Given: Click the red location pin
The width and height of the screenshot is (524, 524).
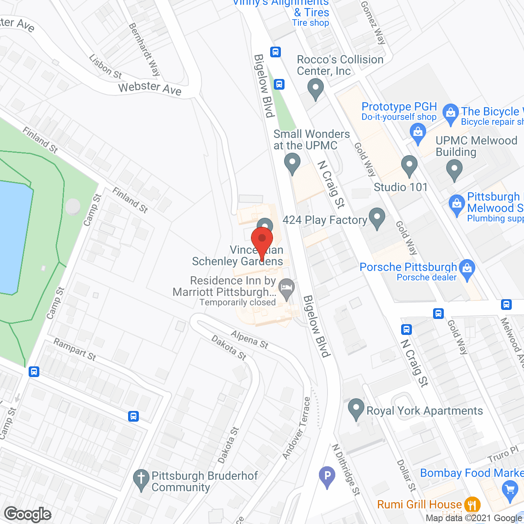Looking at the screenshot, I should pyautogui.click(x=262, y=239).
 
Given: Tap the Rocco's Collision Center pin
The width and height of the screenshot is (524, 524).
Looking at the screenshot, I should pyautogui.click(x=315, y=88).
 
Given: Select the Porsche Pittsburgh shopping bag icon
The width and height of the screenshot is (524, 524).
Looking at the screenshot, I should pyautogui.click(x=467, y=269).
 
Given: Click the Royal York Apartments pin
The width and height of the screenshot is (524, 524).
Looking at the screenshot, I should pyautogui.click(x=356, y=408).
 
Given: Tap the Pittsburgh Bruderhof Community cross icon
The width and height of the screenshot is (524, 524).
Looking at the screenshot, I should pyautogui.click(x=141, y=479).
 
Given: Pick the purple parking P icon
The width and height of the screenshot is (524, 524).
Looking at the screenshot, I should pyautogui.click(x=327, y=476).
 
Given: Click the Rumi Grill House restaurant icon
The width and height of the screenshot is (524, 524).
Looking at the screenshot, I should pyautogui.click(x=473, y=504).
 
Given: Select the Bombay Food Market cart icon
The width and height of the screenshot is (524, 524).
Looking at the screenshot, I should pyautogui.click(x=510, y=490).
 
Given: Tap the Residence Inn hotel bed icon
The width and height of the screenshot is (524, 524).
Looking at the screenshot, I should pyautogui.click(x=287, y=287).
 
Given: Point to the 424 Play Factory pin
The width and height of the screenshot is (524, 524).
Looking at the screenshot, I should pyautogui.click(x=377, y=217).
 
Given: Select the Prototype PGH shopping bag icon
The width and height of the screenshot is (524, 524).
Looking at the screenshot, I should pyautogui.click(x=418, y=133).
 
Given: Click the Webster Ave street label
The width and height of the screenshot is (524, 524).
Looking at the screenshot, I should pyautogui.click(x=150, y=88).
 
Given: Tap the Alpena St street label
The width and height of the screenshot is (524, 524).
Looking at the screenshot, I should pyautogui.click(x=250, y=339).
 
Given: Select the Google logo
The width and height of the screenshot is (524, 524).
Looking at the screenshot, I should pyautogui.click(x=28, y=514).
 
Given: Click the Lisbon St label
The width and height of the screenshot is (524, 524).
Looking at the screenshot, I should pyautogui.click(x=106, y=67).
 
